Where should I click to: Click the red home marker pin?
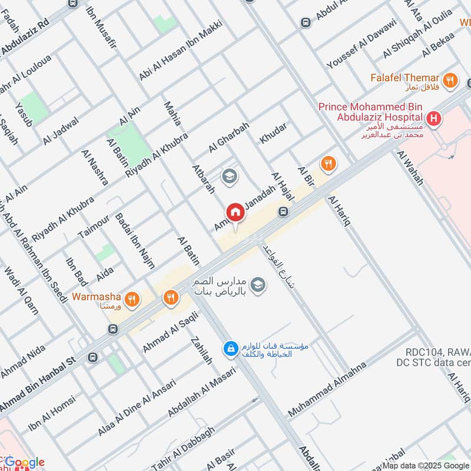[x=235, y=213]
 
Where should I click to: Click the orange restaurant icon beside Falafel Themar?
[x=451, y=81]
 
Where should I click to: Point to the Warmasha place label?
[x=97, y=296]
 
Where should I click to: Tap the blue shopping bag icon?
[x=231, y=349]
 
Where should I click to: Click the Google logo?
[x=25, y=462]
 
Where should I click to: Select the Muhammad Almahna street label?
[x=327, y=390]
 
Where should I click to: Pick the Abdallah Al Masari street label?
[x=201, y=392]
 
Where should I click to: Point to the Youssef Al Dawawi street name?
[x=361, y=44]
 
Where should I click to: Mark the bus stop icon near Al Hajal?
[x=284, y=211]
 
